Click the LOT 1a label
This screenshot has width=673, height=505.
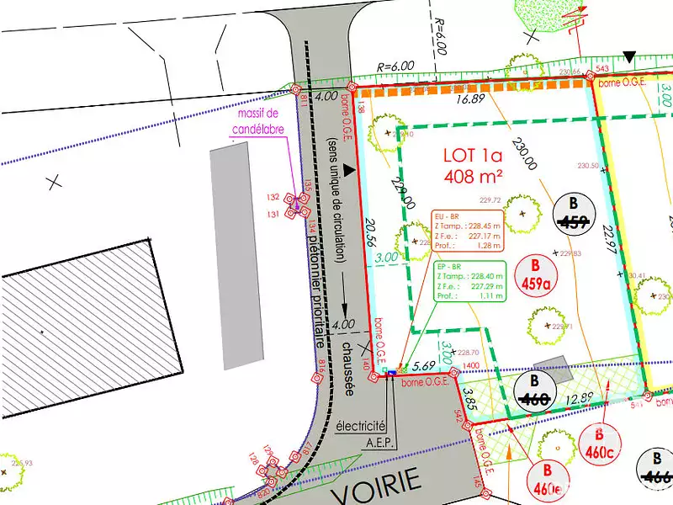tap(472, 156)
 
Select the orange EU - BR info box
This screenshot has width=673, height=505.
tap(469, 230)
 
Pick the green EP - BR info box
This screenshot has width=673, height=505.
tap(469, 280)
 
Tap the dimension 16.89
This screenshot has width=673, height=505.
tap(472, 99)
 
